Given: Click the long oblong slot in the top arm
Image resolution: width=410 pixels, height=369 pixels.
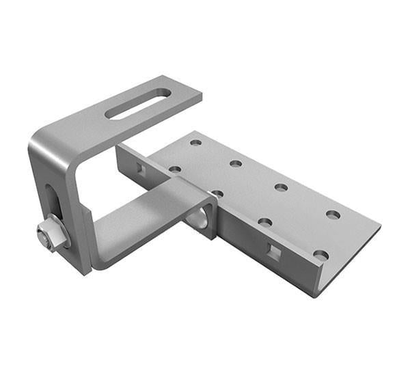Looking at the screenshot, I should (x=139, y=105).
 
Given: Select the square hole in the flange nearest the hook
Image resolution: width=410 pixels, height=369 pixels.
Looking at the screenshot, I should (x=139, y=167).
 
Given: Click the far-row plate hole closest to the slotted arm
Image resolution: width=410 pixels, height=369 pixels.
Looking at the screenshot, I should (x=196, y=143).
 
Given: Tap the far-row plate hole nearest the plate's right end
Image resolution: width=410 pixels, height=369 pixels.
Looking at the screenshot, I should (x=333, y=215).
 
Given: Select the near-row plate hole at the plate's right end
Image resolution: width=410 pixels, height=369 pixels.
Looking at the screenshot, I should (x=320, y=256).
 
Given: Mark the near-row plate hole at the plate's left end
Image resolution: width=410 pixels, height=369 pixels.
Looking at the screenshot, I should (x=175, y=169).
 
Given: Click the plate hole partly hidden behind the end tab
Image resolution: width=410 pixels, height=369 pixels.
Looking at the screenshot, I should (x=217, y=194).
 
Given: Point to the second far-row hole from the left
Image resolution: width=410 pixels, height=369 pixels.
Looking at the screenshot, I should (x=236, y=163).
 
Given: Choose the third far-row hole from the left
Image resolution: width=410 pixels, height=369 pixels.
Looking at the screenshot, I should (x=281, y=187).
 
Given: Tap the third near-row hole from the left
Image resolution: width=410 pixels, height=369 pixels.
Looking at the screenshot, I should (x=265, y=222).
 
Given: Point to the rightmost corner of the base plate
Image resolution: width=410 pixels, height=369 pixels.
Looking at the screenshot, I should (x=380, y=228).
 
